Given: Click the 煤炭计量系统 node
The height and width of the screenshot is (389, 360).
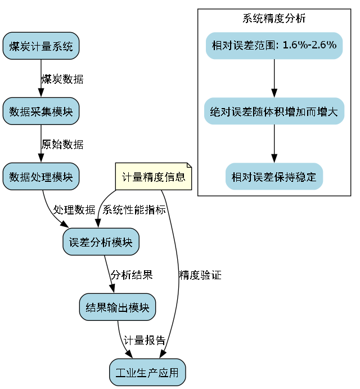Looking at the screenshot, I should (x=41, y=46).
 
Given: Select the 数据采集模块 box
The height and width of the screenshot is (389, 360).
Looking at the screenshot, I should (x=41, y=111).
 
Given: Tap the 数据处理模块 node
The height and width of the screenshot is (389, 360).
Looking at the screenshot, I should (x=41, y=177).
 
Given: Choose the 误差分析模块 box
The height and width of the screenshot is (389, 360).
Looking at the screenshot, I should (x=101, y=242).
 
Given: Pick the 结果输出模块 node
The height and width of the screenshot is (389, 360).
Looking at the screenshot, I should (x=118, y=307).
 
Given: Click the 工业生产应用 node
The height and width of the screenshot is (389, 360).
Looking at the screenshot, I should (x=147, y=373).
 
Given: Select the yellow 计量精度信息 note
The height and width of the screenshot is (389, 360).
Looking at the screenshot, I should (x=154, y=177).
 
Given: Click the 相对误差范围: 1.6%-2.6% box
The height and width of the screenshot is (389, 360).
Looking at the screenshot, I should (x=274, y=45).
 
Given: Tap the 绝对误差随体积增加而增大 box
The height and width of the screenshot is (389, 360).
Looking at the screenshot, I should (x=274, y=111).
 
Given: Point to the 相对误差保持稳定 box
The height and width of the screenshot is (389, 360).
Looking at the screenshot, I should (x=274, y=177).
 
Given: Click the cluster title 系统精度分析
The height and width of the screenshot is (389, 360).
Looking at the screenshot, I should (x=274, y=18).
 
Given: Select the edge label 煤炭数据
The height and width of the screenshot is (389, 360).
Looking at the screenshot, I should (x=62, y=79).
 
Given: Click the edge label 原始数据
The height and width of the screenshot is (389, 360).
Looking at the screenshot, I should (x=62, y=145).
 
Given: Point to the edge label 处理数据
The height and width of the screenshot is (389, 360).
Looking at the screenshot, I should (x=74, y=210).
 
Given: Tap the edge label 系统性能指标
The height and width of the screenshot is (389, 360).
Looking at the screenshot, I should (x=134, y=210).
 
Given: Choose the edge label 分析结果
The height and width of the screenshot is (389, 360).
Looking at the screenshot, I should (x=131, y=275).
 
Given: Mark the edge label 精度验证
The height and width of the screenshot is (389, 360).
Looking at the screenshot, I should (x=200, y=275).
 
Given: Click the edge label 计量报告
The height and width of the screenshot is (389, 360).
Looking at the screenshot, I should (x=145, y=341).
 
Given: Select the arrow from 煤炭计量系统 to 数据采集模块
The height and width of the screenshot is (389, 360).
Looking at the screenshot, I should (x=41, y=79).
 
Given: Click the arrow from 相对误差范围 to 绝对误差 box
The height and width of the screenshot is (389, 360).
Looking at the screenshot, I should (x=274, y=78).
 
